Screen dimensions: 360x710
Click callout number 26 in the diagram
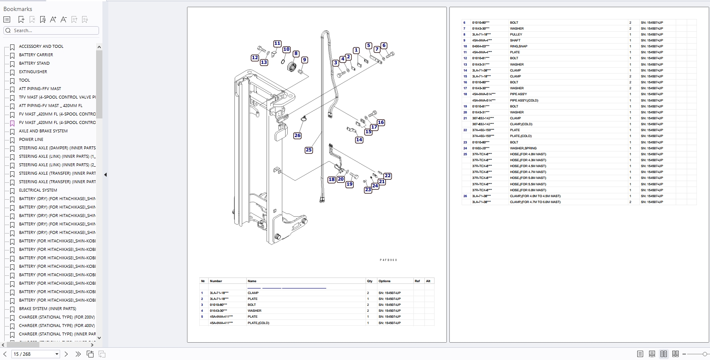(297, 135)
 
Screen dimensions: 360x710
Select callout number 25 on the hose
(308, 150)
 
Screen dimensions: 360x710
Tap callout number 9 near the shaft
(304, 60)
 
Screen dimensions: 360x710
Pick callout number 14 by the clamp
(359, 140)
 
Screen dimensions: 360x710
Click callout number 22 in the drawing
(388, 176)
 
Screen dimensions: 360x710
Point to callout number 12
(255, 58)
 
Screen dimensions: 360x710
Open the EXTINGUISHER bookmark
(33, 72)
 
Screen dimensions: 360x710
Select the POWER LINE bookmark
(31, 140)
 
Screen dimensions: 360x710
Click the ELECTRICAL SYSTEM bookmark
(38, 190)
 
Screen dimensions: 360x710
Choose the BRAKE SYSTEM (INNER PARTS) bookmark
(47, 309)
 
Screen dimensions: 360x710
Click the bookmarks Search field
(53, 30)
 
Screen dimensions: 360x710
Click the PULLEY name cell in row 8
(516, 35)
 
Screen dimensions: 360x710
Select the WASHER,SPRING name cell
(523, 148)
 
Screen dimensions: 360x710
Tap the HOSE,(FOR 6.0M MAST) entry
(528, 190)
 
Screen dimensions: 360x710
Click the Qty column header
(370, 281)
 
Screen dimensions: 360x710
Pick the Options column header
(385, 281)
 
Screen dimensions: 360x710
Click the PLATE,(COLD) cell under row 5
(258, 323)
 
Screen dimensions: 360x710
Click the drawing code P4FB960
(388, 260)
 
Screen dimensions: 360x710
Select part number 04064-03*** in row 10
(481, 47)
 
